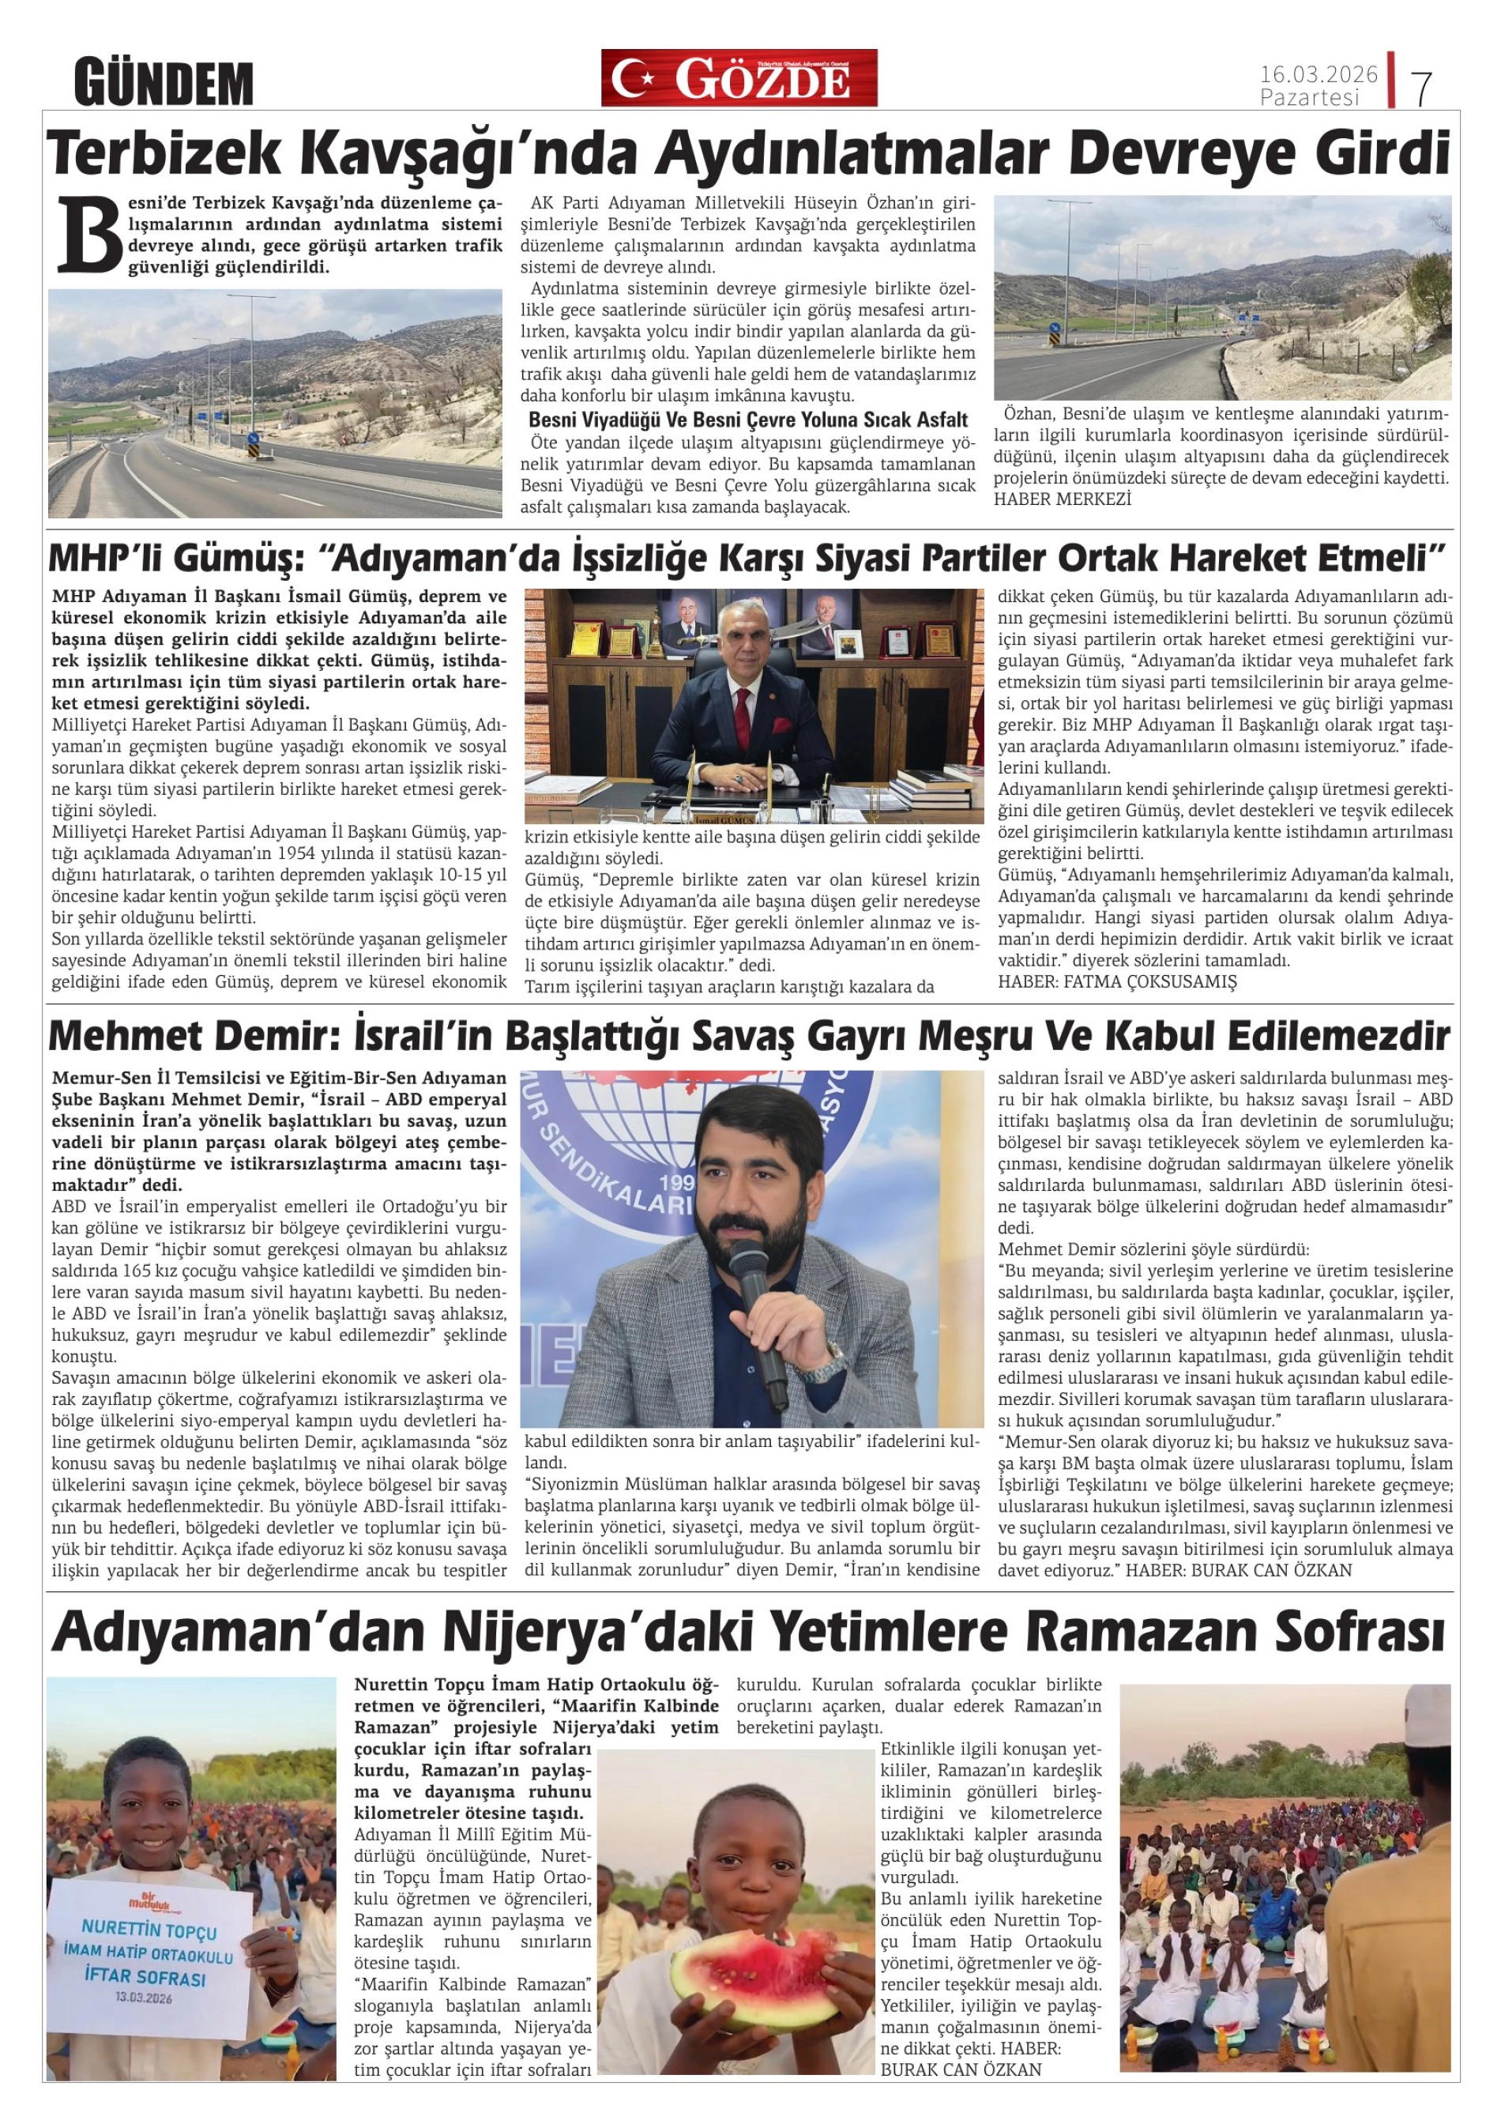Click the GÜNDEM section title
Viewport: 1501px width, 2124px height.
point(164,83)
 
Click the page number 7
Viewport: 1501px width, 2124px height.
point(1421,88)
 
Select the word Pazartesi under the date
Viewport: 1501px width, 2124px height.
point(1309,97)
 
